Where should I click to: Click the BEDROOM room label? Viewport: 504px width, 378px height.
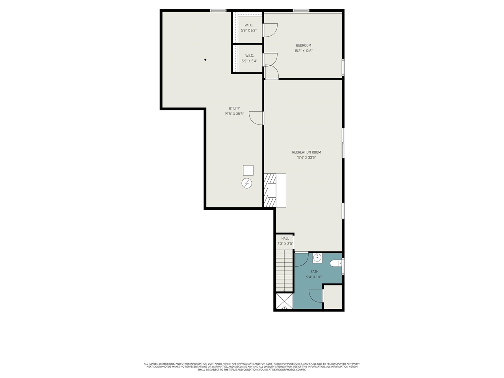pos(303,45)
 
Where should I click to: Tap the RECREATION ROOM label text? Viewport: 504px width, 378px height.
pos(306,152)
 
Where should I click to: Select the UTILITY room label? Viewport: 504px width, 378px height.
pos(234,109)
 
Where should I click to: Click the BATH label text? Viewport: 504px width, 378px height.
pos(314,272)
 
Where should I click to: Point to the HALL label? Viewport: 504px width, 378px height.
pos(285,239)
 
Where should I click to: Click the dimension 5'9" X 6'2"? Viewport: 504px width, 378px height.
pos(248,30)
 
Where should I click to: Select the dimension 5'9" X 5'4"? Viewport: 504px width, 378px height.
pos(249,61)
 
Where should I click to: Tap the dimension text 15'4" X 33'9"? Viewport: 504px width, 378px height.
pos(306,158)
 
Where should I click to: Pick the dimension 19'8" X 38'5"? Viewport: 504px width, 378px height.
pos(234,114)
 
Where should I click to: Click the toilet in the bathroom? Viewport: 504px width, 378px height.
pos(336,263)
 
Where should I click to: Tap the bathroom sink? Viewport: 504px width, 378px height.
pos(317,258)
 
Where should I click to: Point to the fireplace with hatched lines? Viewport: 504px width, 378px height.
pos(270,191)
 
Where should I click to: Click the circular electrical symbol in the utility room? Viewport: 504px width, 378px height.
pos(247,183)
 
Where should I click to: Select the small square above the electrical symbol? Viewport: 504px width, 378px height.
pos(248,170)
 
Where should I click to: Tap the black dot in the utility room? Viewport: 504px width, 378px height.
pos(205,60)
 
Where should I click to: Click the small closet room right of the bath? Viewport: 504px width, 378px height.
pos(333,297)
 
